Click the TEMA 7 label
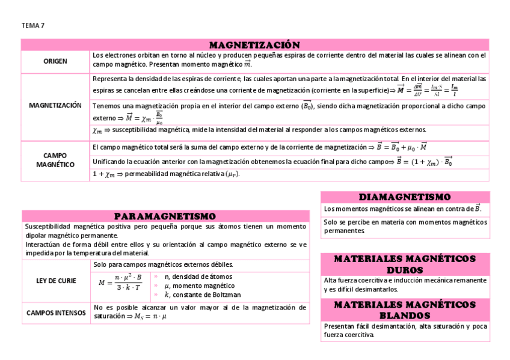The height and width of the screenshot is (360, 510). [32, 26]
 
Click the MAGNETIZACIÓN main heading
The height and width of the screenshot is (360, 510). [254, 45]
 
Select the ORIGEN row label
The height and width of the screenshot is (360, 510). [55, 61]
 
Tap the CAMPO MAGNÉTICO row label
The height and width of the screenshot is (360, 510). [55, 160]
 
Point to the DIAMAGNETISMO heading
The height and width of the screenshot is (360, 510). [405, 197]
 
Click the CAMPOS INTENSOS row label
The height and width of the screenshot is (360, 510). [56, 313]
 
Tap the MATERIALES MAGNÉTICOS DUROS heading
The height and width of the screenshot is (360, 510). [405, 264]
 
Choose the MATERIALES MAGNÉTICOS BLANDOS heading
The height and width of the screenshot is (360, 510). [405, 310]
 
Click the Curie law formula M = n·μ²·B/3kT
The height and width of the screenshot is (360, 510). [120, 282]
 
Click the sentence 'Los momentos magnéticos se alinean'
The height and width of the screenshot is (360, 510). [402, 209]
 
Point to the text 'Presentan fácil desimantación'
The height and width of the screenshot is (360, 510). [405, 330]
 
